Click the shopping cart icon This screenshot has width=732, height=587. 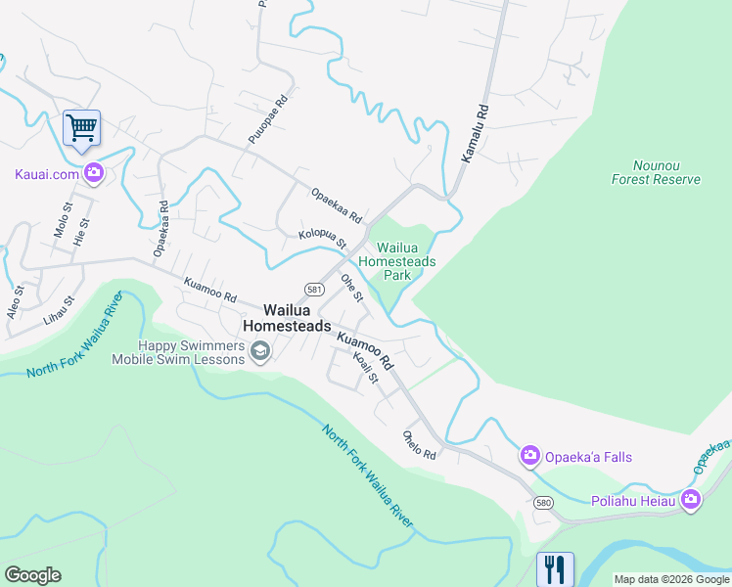(x=81, y=127)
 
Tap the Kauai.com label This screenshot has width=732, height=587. (x=46, y=175)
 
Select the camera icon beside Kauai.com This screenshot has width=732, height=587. (x=94, y=174)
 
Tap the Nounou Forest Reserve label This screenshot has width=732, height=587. (x=656, y=173)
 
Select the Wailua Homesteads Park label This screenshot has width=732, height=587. (x=396, y=261)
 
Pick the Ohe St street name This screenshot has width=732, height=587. (x=351, y=288)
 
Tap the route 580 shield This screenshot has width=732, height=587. (x=545, y=502)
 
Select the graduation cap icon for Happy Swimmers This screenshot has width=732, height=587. (x=260, y=350)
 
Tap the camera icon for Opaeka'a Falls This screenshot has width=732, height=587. (x=530, y=456)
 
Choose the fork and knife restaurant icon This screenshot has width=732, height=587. (x=555, y=567)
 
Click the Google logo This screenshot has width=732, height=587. (x=32, y=575)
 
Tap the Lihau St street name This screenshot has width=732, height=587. (x=59, y=311)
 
